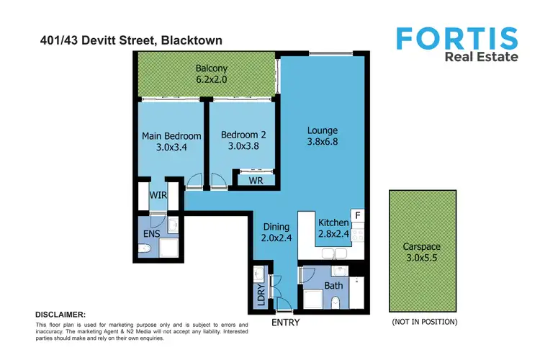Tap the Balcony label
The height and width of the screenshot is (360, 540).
click(x=211, y=70)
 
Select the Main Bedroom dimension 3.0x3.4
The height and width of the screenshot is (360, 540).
click(x=171, y=148)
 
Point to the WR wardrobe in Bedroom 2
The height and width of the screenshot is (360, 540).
click(x=255, y=180)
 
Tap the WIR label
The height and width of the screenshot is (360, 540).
click(x=158, y=195)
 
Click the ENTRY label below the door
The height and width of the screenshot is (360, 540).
click(x=285, y=323)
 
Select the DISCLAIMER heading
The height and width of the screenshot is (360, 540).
click(x=60, y=315)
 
